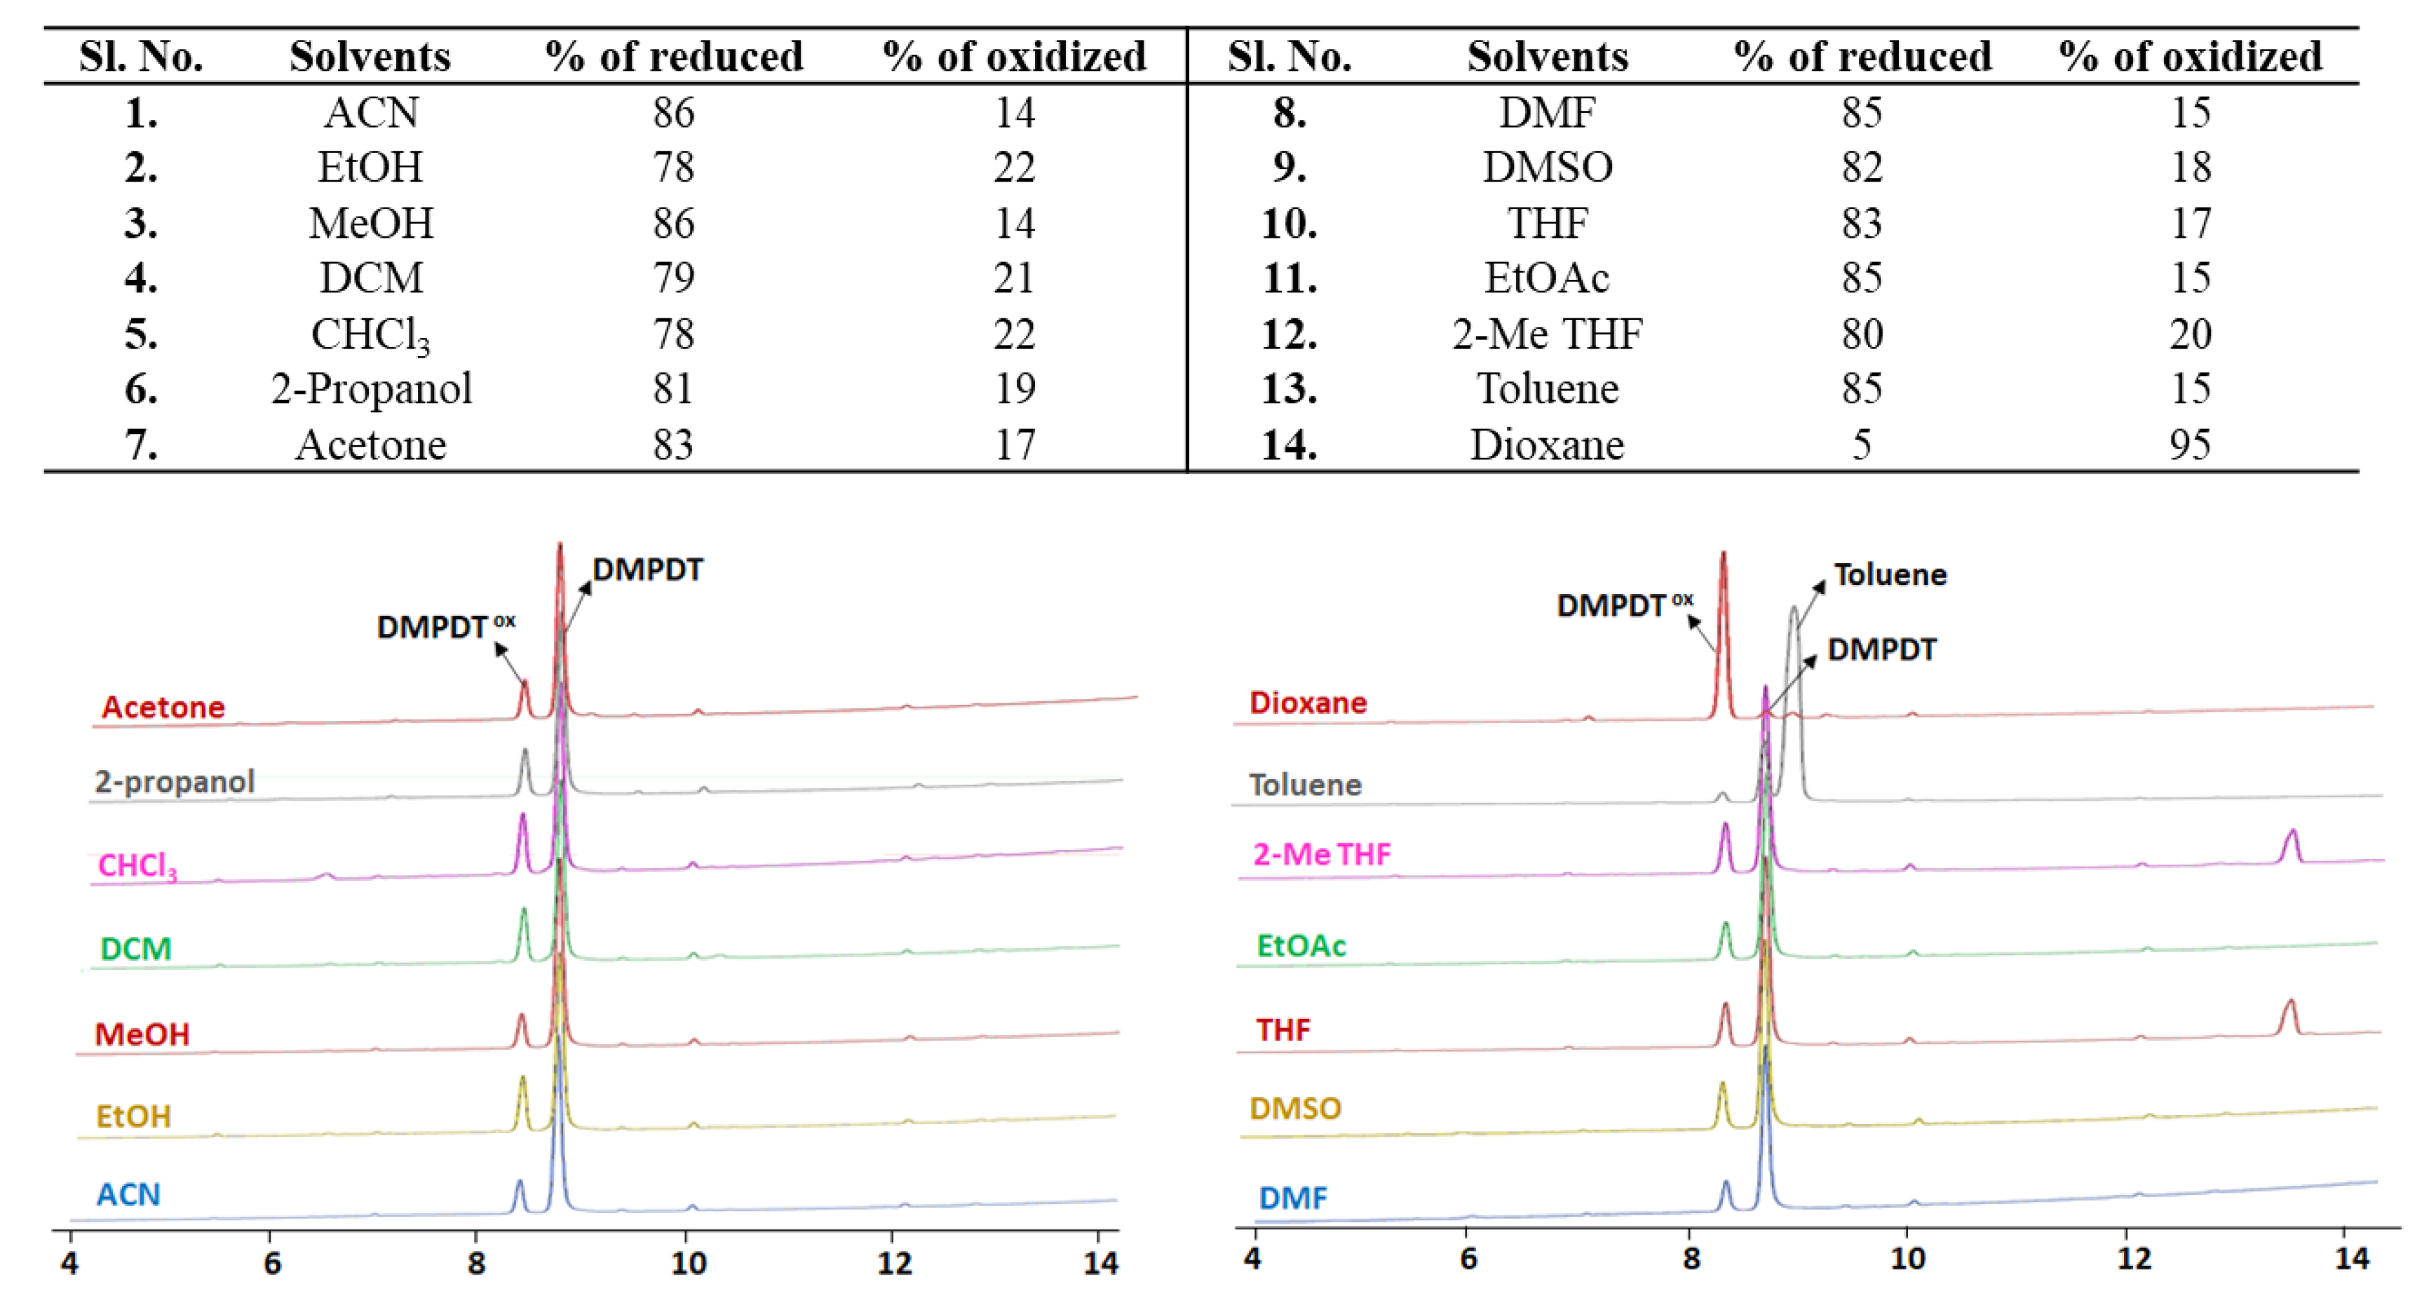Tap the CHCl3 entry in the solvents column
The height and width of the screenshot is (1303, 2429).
pos(370,335)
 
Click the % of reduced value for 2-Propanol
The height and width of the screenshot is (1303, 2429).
pos(673,389)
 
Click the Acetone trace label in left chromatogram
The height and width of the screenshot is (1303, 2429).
pos(163,707)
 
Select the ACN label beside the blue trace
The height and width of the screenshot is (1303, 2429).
pos(128,1194)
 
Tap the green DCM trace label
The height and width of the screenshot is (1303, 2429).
pos(136,948)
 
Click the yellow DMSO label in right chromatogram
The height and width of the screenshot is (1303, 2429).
pos(1294,1108)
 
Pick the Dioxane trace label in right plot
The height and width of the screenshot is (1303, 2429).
pos(1307,703)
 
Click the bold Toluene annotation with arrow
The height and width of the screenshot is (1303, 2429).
pos(1890,574)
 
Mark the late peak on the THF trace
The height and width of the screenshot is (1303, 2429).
pos(2289,1005)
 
